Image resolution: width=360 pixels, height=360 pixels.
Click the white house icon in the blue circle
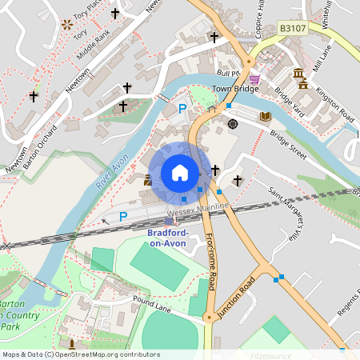(x=180, y=173)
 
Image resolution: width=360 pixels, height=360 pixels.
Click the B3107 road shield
(x=294, y=29)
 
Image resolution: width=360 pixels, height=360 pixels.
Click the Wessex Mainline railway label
(x=198, y=207)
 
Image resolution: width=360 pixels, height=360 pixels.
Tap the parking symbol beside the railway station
(x=123, y=217)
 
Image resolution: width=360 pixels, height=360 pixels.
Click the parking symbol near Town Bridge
(x=182, y=108)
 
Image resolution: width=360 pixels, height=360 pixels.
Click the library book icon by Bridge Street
(x=266, y=117)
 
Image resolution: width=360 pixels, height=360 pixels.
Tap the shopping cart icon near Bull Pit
(x=254, y=79)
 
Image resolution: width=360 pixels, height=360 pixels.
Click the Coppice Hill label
(x=260, y=16)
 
